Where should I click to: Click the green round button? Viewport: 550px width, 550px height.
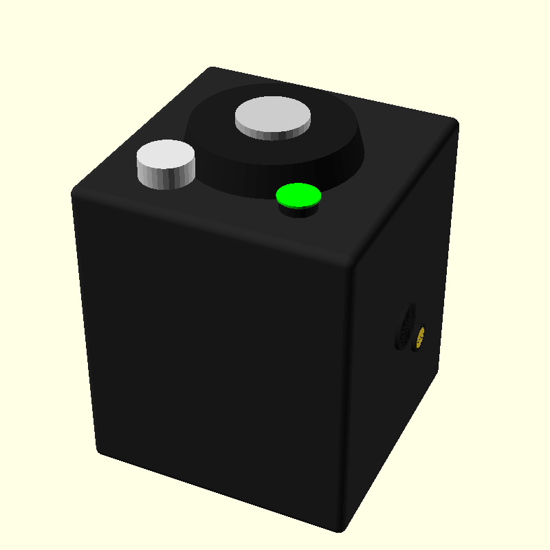[298, 195]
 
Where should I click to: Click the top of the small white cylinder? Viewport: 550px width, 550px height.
[166, 156]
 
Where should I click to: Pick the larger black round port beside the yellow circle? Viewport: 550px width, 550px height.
[404, 327]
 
